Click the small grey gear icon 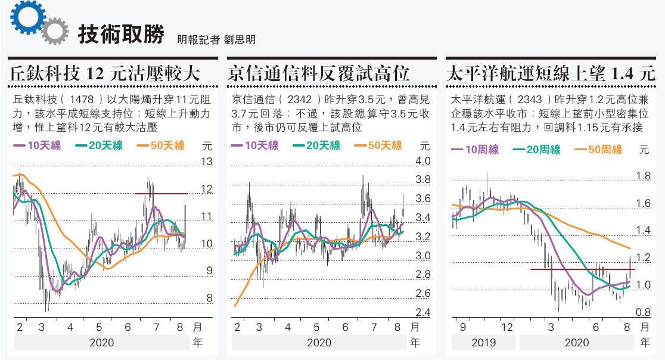55,32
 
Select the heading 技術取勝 121,35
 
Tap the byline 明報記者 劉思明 216,39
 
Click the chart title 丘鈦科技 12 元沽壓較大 105,74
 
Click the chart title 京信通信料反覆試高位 319,74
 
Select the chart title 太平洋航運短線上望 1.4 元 551,74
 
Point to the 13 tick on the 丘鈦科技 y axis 207,162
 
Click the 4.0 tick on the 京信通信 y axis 422,162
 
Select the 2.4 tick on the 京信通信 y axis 422,312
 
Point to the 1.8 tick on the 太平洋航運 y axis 643,176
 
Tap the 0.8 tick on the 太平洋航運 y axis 643,312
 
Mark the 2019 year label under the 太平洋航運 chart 483,343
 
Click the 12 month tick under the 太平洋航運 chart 507,327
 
